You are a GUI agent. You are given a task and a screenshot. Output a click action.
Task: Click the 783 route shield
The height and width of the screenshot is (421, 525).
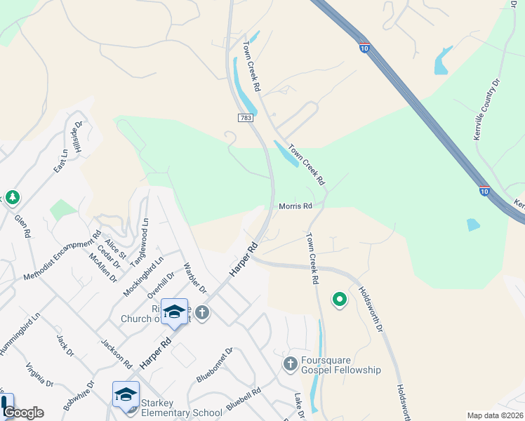tap(245, 119)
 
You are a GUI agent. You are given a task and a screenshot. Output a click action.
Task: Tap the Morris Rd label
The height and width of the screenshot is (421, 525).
tap(295, 206)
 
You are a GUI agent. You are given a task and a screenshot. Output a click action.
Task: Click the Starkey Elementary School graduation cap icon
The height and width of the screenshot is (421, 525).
tap(126, 394)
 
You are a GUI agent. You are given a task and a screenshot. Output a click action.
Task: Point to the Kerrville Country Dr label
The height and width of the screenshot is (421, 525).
tap(486, 109)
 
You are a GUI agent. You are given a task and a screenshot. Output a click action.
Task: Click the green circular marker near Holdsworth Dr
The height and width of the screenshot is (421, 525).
tap(340, 300)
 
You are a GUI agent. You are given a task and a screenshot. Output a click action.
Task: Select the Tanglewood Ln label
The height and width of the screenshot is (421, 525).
tap(140, 243)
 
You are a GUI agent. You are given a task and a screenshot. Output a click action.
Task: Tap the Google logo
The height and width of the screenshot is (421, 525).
tap(23, 413)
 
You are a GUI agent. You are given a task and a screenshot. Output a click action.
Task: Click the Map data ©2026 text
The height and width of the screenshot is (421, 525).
tap(495, 415)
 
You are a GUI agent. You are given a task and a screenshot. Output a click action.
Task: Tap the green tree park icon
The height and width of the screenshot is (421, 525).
tap(12, 197)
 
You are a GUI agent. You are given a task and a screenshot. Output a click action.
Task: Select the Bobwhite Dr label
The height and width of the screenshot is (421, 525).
tap(78, 395)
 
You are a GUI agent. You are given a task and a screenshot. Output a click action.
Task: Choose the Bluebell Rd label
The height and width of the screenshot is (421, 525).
tap(244, 396)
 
